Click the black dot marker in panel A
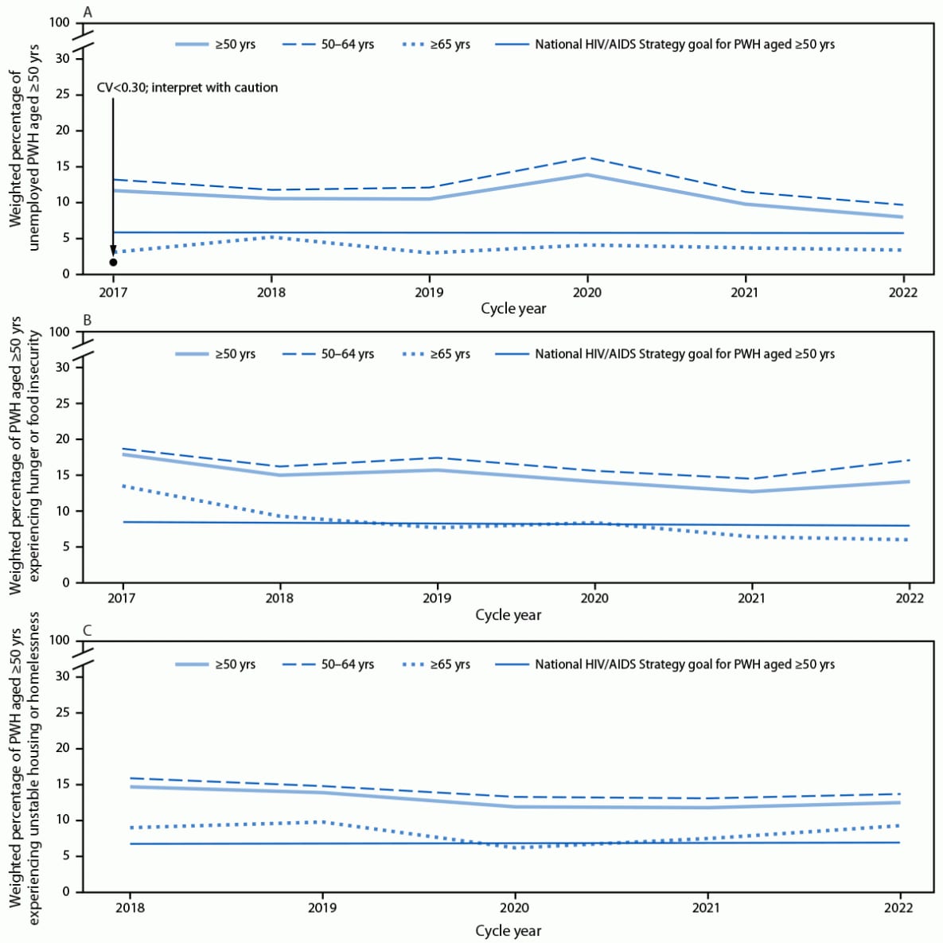tap(113, 262)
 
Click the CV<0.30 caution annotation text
tap(187, 88)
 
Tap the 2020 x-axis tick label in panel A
tap(587, 292)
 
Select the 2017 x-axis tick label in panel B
tap(121, 598)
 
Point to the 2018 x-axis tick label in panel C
tap(130, 907)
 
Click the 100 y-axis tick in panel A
tap(60, 22)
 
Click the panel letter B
tap(88, 321)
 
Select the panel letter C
tap(88, 630)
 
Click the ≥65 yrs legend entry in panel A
tap(450, 45)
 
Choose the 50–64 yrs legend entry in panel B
tap(347, 354)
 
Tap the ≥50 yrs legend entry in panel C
tap(235, 664)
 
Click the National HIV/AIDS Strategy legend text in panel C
tap(684, 664)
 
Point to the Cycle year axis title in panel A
tap(513, 309)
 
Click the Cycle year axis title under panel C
tap(508, 930)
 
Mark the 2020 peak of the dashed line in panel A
tap(587, 158)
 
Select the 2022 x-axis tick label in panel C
tap(899, 907)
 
